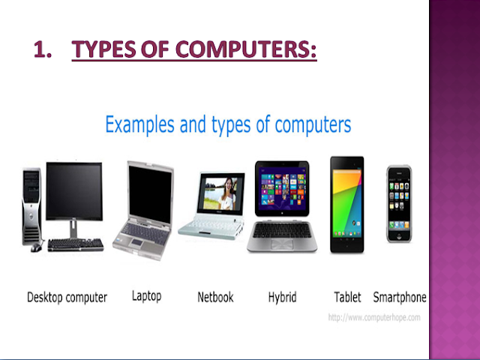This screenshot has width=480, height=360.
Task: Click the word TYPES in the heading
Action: click(x=107, y=51)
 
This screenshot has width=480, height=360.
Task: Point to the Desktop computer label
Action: click(x=67, y=298)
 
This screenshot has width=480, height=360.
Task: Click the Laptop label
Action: click(x=146, y=296)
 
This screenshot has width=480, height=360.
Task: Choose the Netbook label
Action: click(x=215, y=297)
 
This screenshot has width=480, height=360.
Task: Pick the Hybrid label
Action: click(x=282, y=298)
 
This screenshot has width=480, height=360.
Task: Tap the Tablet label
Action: click(x=347, y=297)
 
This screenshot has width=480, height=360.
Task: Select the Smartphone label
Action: click(x=400, y=297)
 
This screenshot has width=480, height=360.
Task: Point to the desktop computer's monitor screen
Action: click(x=73, y=192)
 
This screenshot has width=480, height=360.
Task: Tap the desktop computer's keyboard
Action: click(x=75, y=244)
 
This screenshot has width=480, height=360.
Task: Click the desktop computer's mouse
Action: click(x=37, y=247)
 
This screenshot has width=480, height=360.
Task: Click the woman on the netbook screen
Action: click(x=226, y=195)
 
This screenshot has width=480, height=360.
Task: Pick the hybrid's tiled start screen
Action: click(x=283, y=188)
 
